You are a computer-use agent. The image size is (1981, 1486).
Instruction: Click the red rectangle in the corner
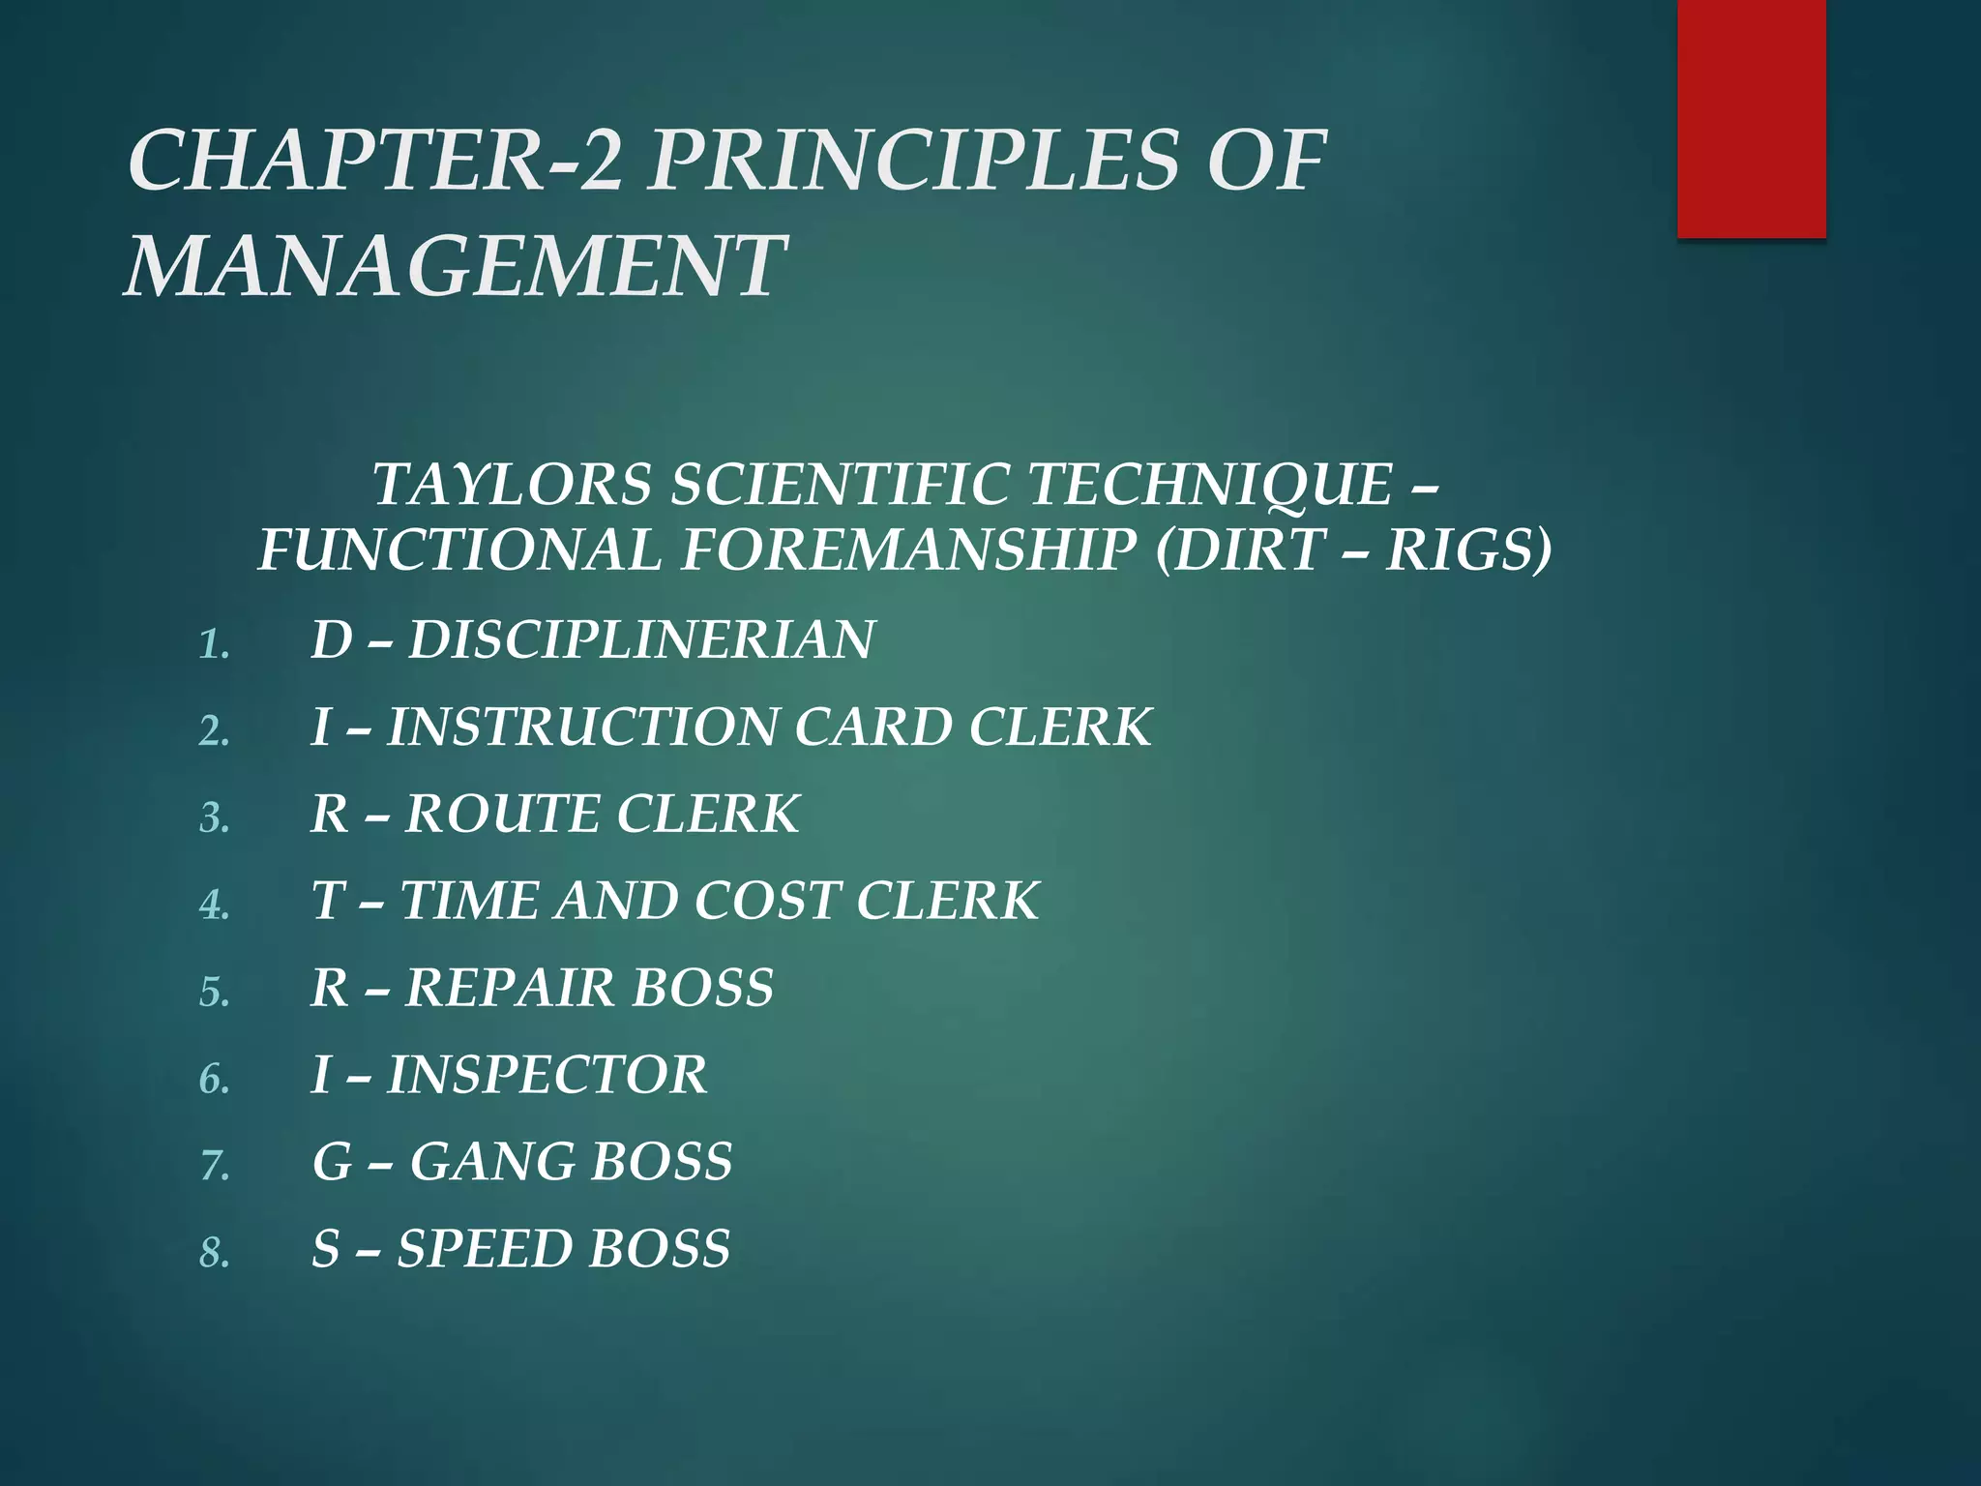[x=1751, y=118]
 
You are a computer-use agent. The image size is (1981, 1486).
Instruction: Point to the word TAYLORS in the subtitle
[x=513, y=484]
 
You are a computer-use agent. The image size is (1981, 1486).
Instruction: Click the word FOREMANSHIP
[x=909, y=550]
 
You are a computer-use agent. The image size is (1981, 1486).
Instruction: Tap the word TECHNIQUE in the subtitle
[x=1209, y=484]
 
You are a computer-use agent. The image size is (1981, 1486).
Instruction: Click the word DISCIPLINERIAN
[x=641, y=639]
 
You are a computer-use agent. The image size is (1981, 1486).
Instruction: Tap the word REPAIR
[x=509, y=988]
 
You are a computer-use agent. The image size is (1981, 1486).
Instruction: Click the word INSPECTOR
[x=547, y=1075]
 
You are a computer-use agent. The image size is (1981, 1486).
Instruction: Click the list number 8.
[x=213, y=1253]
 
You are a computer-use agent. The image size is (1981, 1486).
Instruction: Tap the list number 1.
[x=213, y=643]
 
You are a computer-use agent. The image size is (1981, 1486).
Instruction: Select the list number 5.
[x=213, y=992]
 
